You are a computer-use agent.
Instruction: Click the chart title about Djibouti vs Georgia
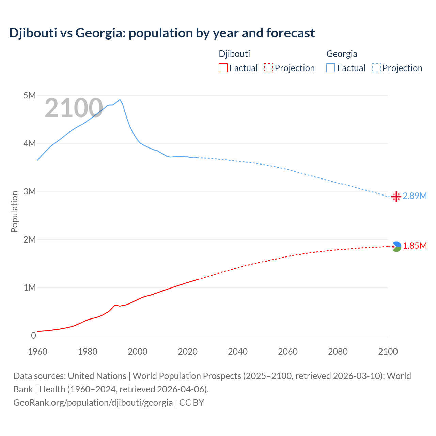(162, 33)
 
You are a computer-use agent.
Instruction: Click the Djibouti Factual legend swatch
(223, 68)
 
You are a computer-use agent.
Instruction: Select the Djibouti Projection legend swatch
(268, 68)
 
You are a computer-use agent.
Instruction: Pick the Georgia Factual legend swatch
(331, 68)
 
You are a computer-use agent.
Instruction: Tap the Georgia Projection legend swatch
(376, 68)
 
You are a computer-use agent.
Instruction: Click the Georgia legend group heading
(342, 54)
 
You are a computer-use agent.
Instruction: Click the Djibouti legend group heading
(234, 54)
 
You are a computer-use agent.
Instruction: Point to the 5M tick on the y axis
(30, 95)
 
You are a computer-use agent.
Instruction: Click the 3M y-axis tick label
(30, 191)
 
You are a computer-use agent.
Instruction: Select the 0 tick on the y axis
(33, 336)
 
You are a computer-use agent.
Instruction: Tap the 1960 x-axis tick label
(37, 352)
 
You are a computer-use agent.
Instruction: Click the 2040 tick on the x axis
(238, 352)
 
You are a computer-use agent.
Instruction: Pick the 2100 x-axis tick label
(388, 352)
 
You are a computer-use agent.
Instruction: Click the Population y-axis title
(14, 212)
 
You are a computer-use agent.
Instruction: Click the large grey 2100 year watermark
(74, 108)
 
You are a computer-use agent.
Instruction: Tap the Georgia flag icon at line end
(396, 197)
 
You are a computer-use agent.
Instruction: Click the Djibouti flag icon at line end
(396, 246)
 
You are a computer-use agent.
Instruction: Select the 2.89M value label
(415, 196)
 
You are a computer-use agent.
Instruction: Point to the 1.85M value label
(415, 246)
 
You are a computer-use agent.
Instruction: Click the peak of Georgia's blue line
(120, 99)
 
